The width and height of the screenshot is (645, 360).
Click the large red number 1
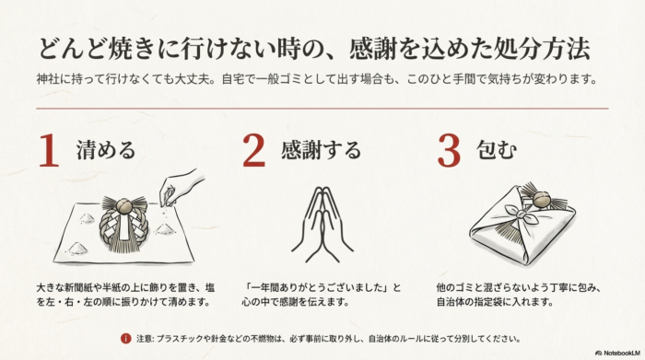pyautogui.click(x=49, y=149)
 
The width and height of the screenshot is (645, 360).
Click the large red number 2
pyautogui.click(x=253, y=149)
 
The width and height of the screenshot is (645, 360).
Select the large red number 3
pyautogui.click(x=448, y=149)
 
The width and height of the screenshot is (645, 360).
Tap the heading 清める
pyautogui.click(x=106, y=150)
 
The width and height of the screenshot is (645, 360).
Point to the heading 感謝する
pyautogui.click(x=321, y=150)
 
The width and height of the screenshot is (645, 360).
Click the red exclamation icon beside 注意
pyautogui.click(x=125, y=338)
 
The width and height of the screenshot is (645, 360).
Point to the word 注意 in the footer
pyautogui.click(x=144, y=338)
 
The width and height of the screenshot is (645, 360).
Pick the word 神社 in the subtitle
pyautogui.click(x=50, y=78)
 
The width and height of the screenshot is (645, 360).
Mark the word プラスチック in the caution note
pyautogui.click(x=192, y=338)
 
